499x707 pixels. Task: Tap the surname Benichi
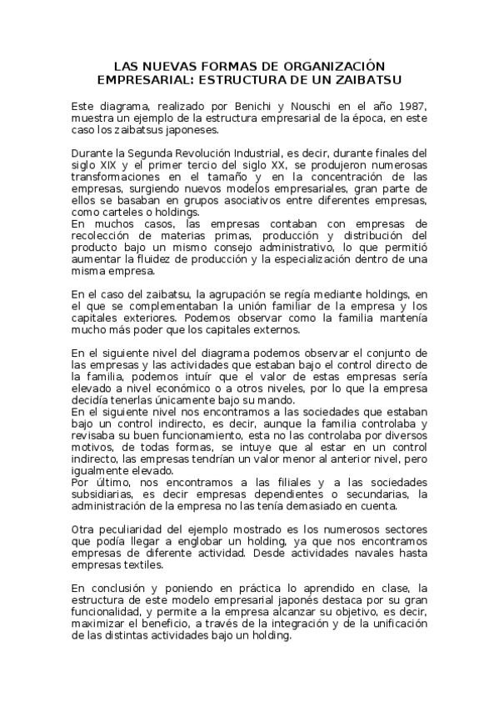click(x=242, y=108)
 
